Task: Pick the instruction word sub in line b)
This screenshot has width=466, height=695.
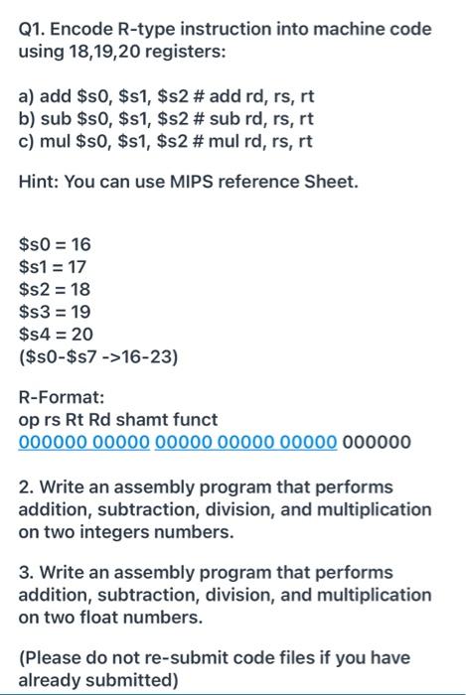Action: pyautogui.click(x=55, y=121)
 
